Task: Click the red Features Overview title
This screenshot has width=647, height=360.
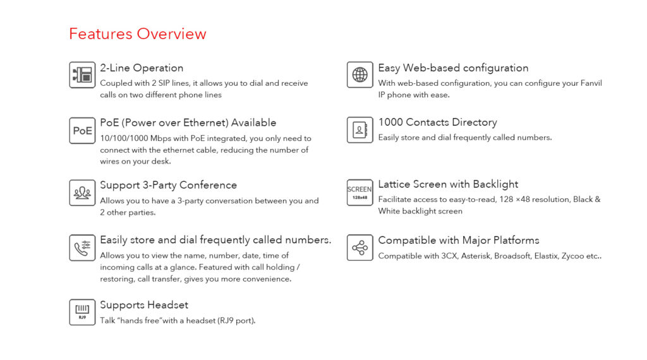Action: (x=137, y=34)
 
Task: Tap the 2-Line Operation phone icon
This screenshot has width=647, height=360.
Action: (x=82, y=75)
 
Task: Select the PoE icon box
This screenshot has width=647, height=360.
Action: (x=82, y=130)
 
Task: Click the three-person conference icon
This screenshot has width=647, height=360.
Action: (x=82, y=193)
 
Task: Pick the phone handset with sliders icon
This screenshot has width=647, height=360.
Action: (x=82, y=248)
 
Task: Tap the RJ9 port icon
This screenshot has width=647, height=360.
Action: (x=82, y=312)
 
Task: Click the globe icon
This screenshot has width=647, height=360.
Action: (x=360, y=75)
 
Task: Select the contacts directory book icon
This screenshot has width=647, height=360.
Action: (x=360, y=130)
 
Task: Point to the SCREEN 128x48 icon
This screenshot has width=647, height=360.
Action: (x=360, y=192)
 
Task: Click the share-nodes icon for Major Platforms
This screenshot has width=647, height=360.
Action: (x=360, y=248)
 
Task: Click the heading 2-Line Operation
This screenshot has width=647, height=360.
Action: (x=142, y=68)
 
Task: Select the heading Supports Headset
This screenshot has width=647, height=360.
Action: (x=144, y=305)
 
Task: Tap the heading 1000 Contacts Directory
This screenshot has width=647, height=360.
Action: (x=438, y=123)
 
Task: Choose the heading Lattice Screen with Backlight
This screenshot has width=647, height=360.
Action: (x=448, y=184)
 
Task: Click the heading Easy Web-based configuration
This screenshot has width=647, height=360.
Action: (x=454, y=68)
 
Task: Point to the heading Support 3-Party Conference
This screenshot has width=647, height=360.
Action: (x=168, y=186)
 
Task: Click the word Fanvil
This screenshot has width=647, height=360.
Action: (x=591, y=83)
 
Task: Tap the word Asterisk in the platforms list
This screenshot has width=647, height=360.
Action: (x=476, y=256)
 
